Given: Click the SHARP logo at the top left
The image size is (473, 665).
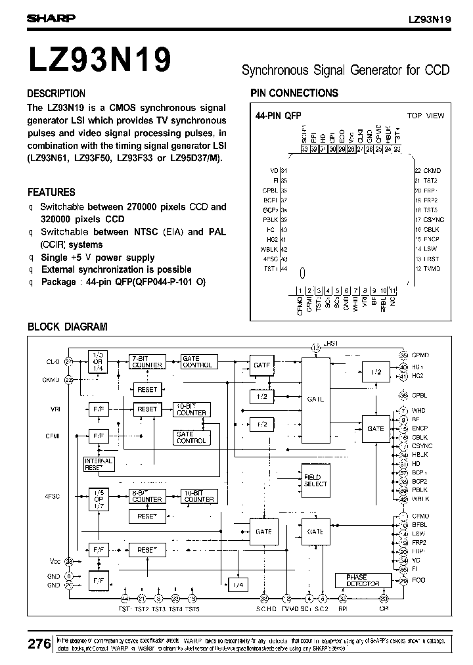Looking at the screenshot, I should click(51, 19).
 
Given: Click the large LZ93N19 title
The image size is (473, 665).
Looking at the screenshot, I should click(100, 58).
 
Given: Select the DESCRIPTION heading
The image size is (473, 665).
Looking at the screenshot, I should click(56, 93).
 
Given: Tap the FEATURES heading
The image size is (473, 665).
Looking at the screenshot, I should click(51, 193).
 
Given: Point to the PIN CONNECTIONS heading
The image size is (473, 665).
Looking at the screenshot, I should click(294, 93).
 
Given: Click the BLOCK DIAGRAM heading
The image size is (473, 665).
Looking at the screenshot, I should click(67, 327).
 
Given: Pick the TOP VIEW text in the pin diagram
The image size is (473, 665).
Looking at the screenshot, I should click(425, 116).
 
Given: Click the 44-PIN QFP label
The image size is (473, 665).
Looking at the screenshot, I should click(278, 116).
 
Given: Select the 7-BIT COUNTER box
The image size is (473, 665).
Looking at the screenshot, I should click(147, 361).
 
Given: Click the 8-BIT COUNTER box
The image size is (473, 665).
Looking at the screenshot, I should click(147, 496).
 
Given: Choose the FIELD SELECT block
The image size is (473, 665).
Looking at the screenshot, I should click(315, 480).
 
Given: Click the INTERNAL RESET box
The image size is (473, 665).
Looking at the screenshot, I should click(99, 464).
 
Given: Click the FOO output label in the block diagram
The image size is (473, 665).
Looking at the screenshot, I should click(418, 580).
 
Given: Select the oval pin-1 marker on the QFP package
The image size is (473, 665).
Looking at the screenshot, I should click(302, 272).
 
